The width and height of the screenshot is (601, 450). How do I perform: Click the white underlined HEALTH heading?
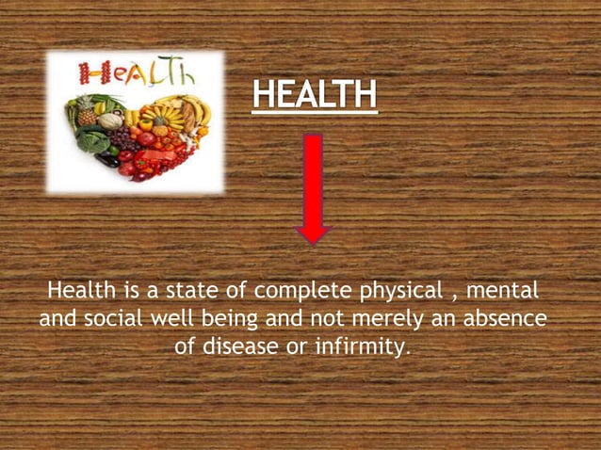click(315, 95)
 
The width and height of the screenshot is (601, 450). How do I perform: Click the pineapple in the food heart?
click(87, 110)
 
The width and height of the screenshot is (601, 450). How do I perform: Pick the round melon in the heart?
click(111, 121)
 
